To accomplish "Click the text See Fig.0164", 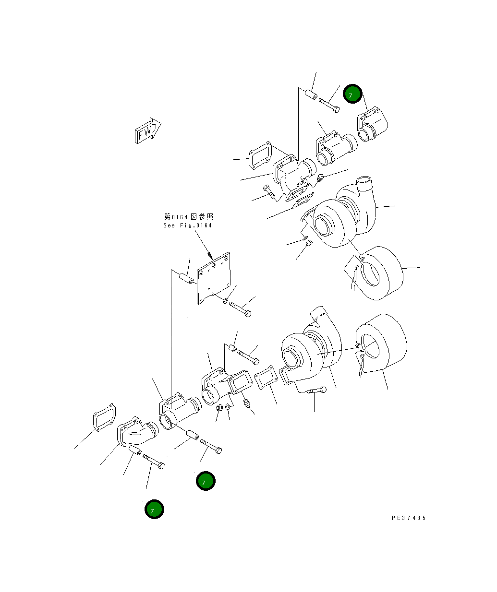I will (x=187, y=225).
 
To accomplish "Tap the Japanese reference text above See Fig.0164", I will (x=188, y=217).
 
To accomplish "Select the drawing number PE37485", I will (x=409, y=518).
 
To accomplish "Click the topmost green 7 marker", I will (x=352, y=95).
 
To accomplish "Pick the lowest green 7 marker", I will (x=154, y=509).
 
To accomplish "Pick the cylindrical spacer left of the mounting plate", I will (x=186, y=278).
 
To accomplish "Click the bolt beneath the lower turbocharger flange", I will (x=315, y=391).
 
